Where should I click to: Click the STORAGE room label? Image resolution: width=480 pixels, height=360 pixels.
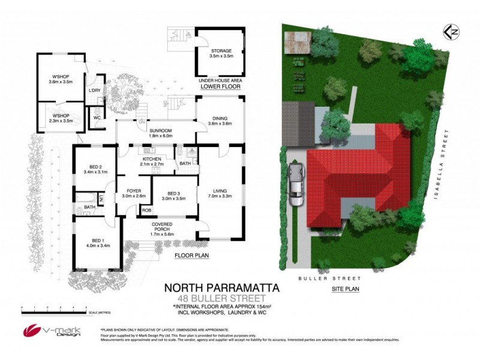[220, 51]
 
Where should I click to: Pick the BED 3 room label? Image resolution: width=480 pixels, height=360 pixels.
[174, 193]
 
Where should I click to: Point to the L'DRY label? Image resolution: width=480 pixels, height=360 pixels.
[94, 91]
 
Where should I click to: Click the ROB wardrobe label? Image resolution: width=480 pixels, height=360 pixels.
[146, 211]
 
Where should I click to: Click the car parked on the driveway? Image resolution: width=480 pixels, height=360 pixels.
[296, 184]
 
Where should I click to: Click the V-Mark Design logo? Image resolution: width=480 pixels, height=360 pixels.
[46, 331]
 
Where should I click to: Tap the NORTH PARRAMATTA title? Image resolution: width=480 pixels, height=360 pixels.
[222, 288]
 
